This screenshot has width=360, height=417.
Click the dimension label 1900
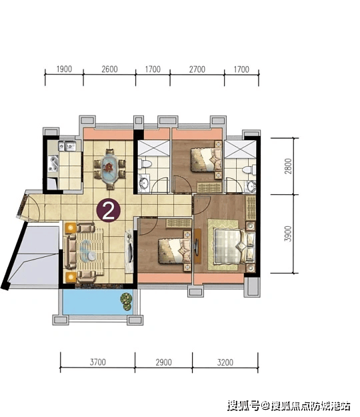tap(64, 69)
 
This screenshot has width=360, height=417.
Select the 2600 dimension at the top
tap(109, 69)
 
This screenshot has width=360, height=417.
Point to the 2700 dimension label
tap(197, 69)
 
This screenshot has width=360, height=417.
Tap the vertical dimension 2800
tap(288, 166)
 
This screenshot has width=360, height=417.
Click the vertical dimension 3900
tap(288, 234)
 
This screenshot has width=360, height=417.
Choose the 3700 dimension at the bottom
tap(98, 362)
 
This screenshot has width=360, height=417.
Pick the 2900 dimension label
tap(163, 362)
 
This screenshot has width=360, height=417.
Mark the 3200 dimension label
tap(225, 362)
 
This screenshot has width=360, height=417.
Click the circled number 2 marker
tap(109, 211)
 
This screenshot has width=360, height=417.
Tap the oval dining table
tap(110, 169)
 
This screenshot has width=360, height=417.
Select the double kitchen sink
tap(67, 146)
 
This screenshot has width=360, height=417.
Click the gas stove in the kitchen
tap(53, 164)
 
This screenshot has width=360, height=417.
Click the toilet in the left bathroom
tap(144, 163)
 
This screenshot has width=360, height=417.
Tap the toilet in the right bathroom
tap(249, 169)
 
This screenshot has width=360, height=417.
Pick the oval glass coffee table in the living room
tap(88, 250)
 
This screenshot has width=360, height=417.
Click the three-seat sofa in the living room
tap(71, 251)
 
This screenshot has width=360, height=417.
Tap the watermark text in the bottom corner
tap(289, 406)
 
